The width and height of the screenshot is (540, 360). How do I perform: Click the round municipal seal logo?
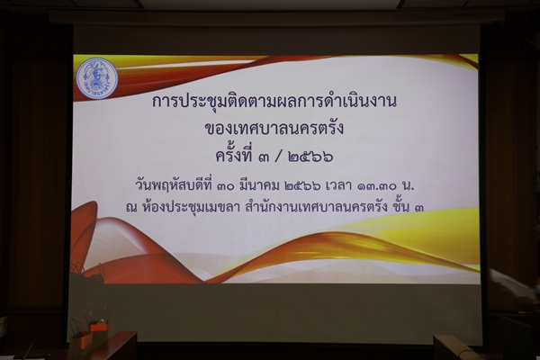(97, 78)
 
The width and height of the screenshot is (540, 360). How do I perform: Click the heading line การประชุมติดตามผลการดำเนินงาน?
(274, 100)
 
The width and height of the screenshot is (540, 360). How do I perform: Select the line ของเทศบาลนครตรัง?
(274, 128)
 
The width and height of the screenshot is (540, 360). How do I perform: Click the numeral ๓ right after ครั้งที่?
(265, 157)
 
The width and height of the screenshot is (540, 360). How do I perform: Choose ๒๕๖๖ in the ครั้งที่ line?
(310, 157)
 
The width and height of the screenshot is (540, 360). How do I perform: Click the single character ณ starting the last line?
(131, 207)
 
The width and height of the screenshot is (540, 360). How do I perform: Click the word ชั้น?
(401, 206)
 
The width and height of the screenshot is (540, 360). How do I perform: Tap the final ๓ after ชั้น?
(419, 207)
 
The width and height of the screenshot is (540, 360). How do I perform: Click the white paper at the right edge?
(513, 284)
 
